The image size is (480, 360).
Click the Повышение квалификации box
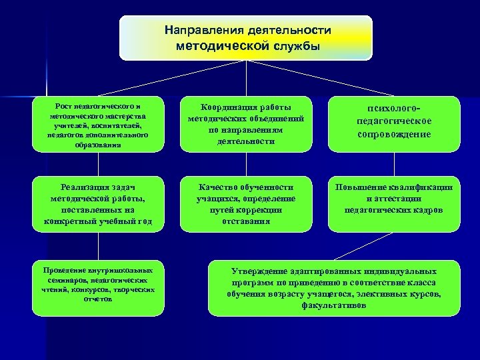pyautogui.click(x=394, y=199)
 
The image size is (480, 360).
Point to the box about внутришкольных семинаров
pyautogui.click(x=99, y=285)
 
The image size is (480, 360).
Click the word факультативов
pyautogui.click(x=334, y=305)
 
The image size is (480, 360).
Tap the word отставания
pyautogui.click(x=246, y=221)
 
